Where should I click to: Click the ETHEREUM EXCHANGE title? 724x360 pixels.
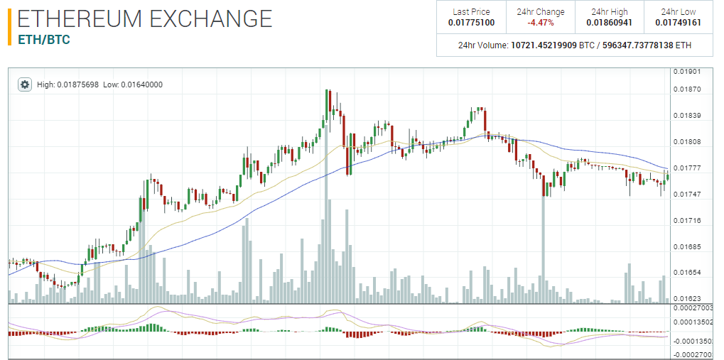click(x=145, y=18)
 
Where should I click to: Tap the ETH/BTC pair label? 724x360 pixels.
click(x=44, y=40)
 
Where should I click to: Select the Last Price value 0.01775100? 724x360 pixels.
click(x=471, y=23)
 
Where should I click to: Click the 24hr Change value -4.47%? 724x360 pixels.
click(x=541, y=23)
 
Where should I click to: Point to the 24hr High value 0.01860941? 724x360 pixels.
click(x=610, y=23)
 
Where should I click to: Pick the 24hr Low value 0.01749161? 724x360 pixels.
click(x=679, y=23)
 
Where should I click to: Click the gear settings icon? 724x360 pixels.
click(x=25, y=84)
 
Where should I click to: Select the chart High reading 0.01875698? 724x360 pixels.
click(x=72, y=84)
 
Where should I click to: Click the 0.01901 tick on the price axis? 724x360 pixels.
click(x=687, y=72)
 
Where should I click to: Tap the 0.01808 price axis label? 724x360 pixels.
click(x=687, y=142)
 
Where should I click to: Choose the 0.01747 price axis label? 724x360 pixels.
click(x=687, y=195)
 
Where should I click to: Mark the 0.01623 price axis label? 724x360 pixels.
click(x=687, y=299)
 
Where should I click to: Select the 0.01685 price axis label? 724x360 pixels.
click(x=687, y=247)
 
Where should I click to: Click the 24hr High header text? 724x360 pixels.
click(x=610, y=11)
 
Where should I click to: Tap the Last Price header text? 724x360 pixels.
click(x=471, y=11)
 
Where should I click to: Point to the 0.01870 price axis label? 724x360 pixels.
click(x=687, y=89)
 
